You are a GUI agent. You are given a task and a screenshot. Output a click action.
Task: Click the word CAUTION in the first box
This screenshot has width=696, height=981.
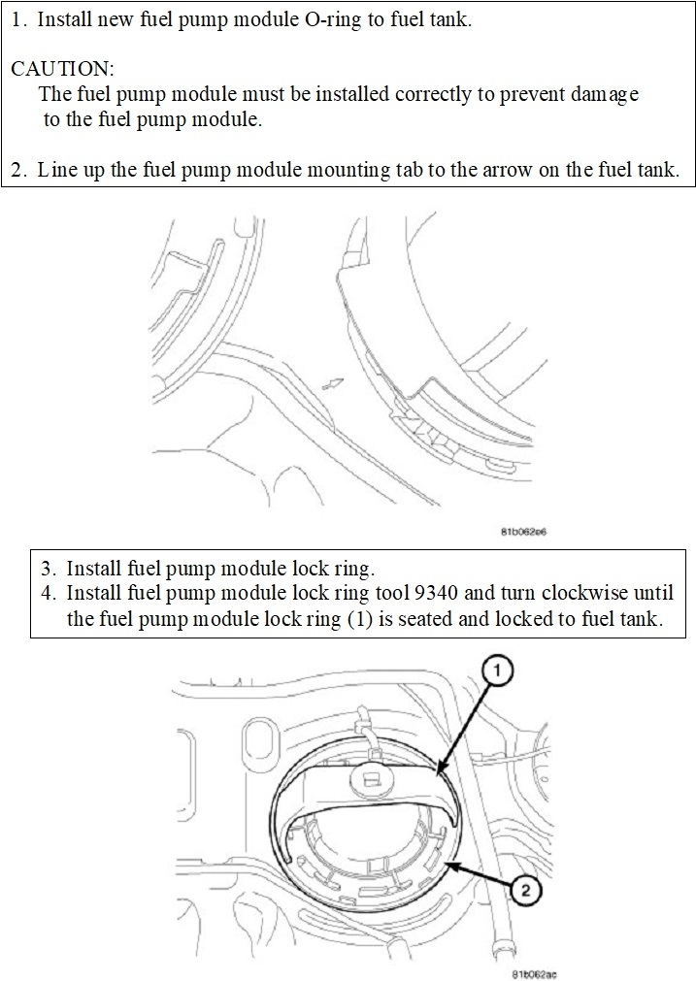coord(62,69)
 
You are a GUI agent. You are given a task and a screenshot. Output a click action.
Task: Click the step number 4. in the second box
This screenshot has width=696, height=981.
coord(50,593)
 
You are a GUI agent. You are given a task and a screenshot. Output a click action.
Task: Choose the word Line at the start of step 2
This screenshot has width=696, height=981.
coord(55,170)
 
